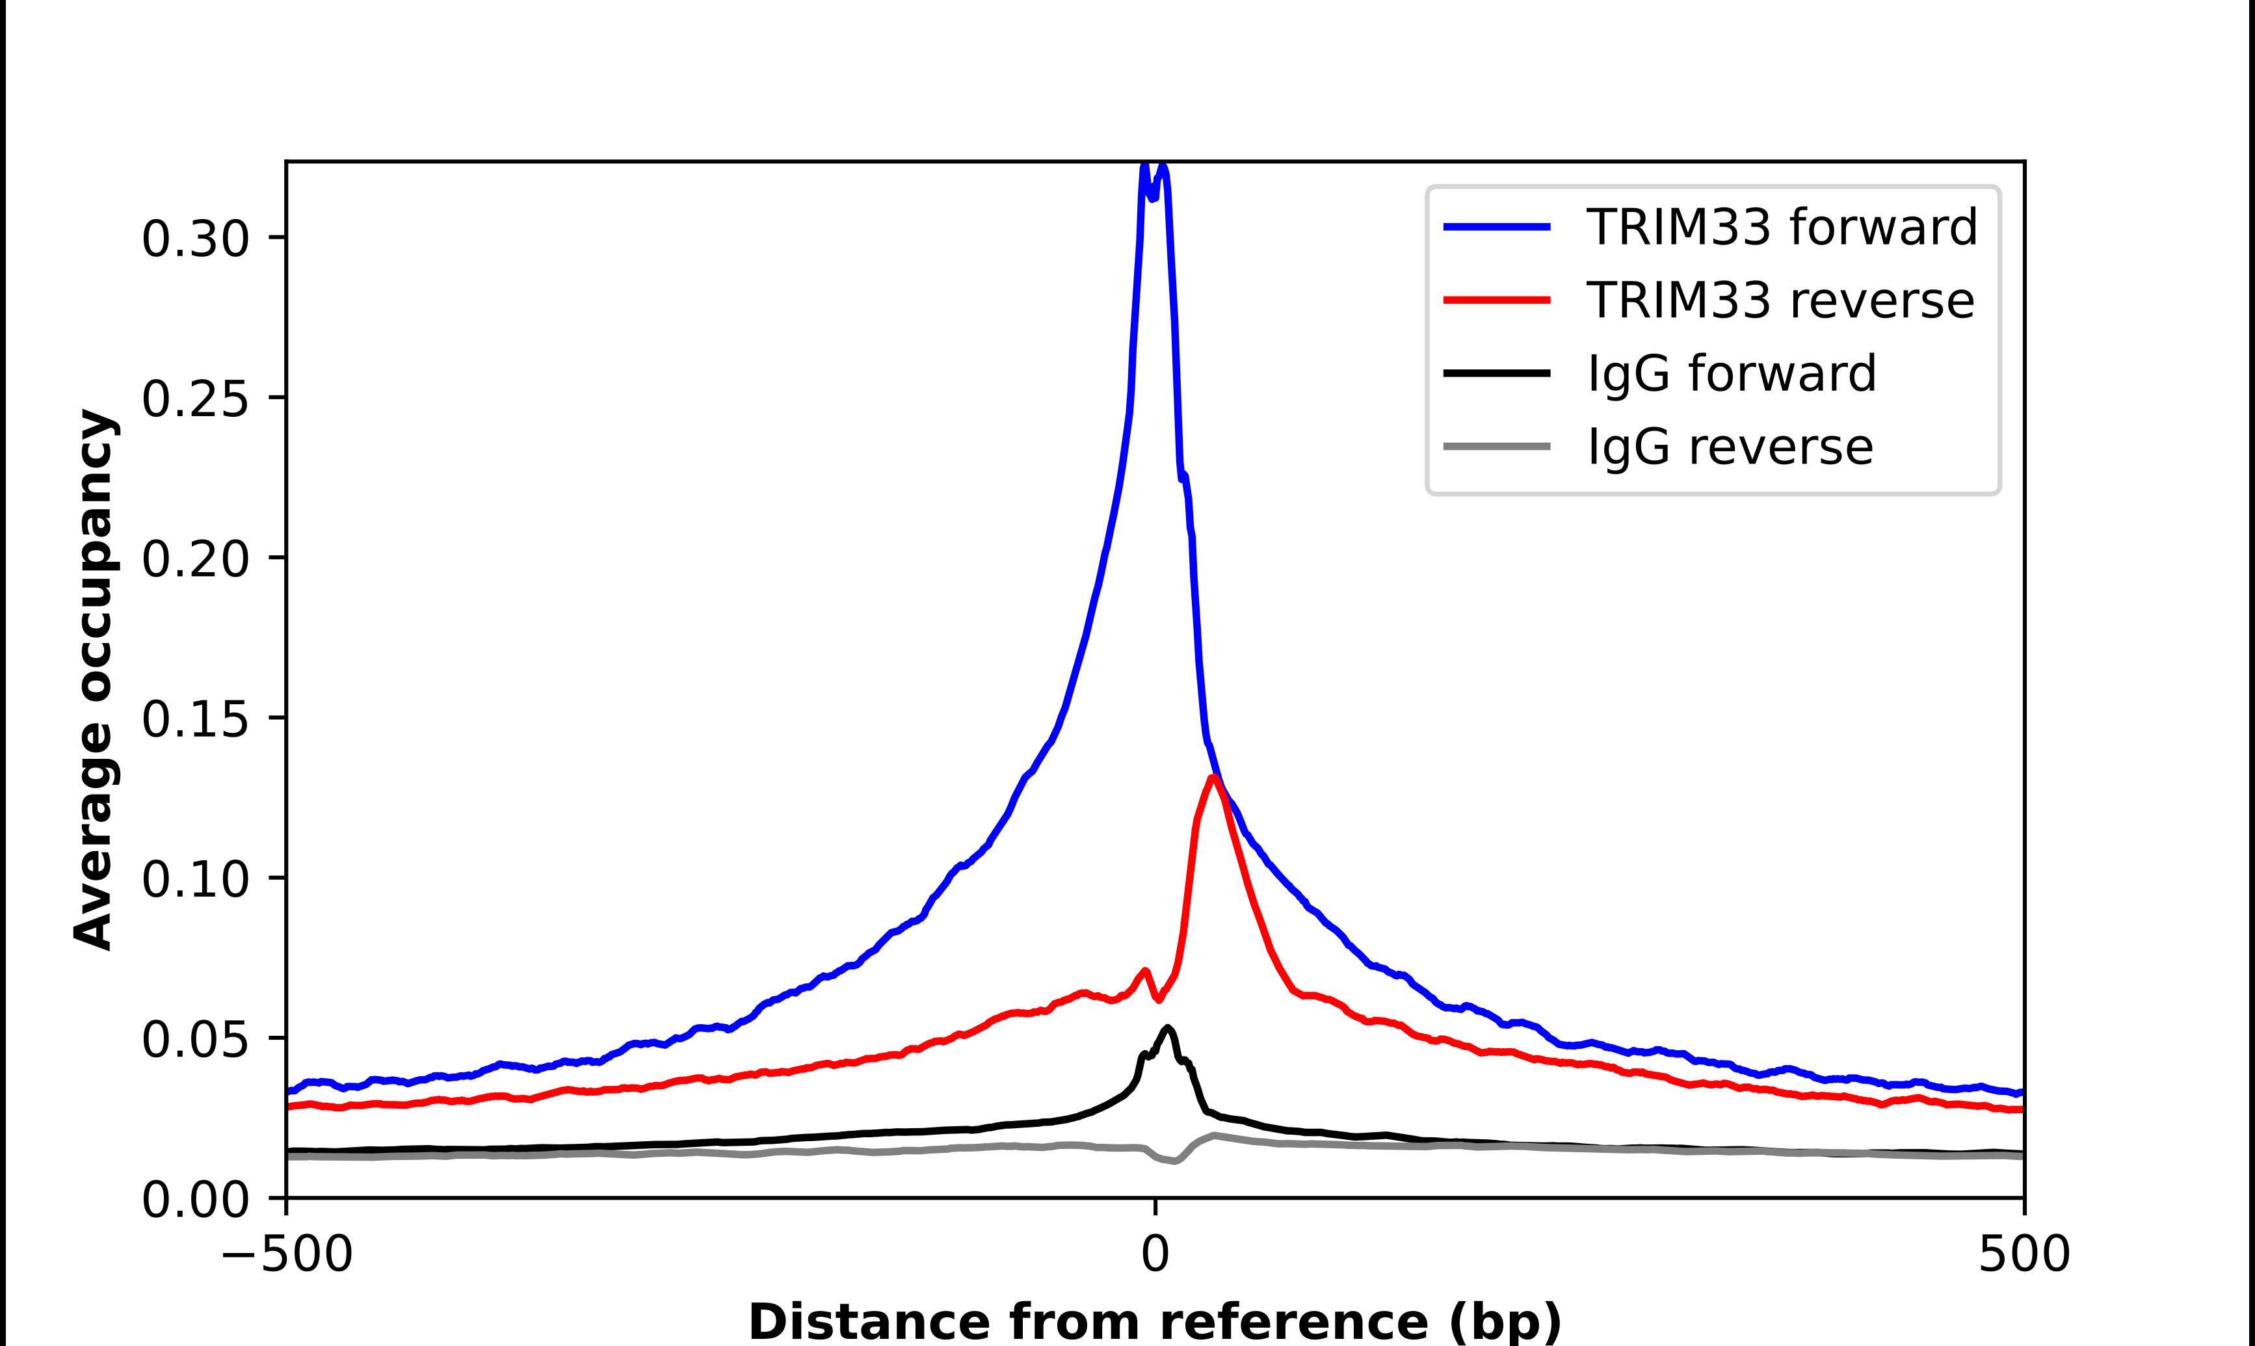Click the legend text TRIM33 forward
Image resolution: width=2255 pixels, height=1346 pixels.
click(x=1781, y=227)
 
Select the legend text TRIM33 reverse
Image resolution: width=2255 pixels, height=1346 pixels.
click(x=1779, y=300)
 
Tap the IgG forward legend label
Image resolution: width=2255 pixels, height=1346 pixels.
click(x=1731, y=374)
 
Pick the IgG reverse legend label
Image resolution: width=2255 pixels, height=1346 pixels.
click(x=1729, y=447)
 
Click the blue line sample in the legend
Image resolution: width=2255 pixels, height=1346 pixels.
click(x=1497, y=227)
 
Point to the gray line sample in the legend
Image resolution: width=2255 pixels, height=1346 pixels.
click(x=1497, y=446)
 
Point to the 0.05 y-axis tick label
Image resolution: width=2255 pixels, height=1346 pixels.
click(x=195, y=1040)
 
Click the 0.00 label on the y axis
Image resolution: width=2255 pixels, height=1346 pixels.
click(x=195, y=1200)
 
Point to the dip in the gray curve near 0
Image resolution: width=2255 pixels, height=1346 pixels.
click(x=1175, y=1161)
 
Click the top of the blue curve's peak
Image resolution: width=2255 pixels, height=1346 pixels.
click(x=1144, y=166)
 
